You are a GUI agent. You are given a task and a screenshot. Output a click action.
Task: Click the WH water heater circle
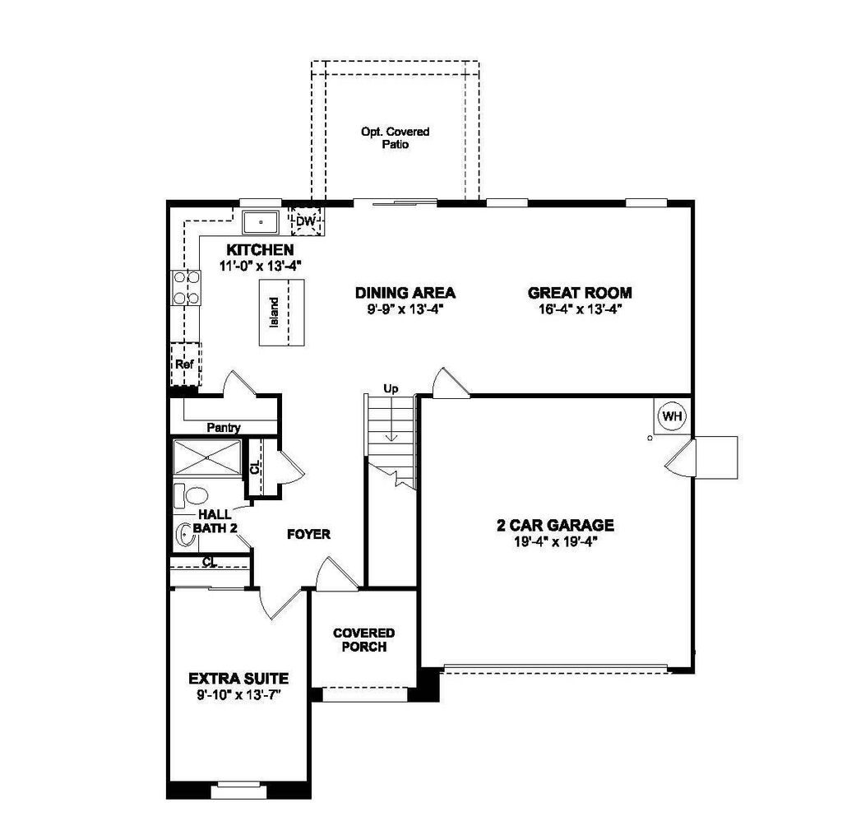[673, 416]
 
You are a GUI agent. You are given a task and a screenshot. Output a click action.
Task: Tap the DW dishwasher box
[306, 220]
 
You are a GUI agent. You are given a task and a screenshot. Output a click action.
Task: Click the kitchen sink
[261, 222]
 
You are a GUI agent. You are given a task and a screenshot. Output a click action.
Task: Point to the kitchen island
[281, 313]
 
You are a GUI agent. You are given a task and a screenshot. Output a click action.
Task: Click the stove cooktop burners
[186, 288]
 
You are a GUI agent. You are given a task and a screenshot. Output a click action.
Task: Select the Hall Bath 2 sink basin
[187, 536]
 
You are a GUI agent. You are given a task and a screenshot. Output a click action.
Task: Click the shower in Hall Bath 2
[206, 458]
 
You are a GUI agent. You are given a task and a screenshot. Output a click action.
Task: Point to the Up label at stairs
[391, 388]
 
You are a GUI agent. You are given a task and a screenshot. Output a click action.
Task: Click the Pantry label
[223, 427]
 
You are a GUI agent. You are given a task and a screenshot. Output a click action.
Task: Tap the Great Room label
[579, 293]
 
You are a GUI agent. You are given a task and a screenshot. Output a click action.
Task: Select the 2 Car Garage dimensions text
[555, 542]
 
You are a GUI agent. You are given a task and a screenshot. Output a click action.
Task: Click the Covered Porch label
[363, 639]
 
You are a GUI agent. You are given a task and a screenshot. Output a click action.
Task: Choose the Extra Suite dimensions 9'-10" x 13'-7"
[238, 694]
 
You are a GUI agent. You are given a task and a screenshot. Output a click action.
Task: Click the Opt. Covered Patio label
[395, 137]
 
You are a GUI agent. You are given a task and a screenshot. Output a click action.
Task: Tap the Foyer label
[308, 535]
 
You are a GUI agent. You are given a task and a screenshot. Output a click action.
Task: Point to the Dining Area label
[405, 293]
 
